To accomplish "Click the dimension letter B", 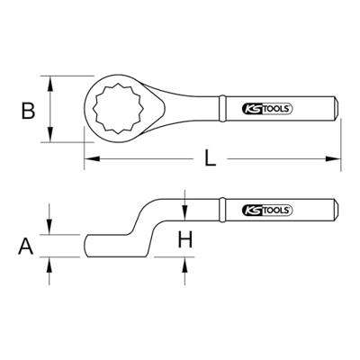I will point(27,112).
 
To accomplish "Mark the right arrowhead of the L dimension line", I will point(340,161).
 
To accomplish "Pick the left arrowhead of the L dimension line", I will point(88,161).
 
